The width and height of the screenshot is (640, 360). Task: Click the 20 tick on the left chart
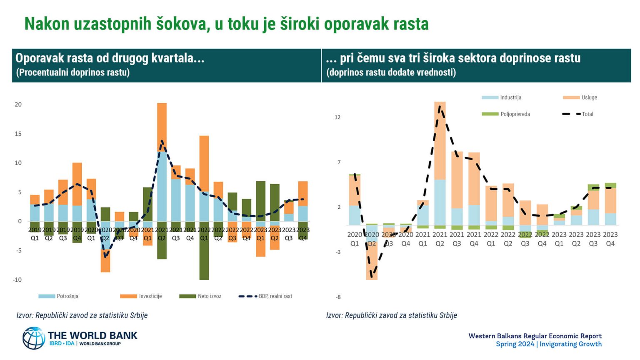click(x=18, y=105)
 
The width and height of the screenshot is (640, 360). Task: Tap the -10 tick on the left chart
click(x=17, y=280)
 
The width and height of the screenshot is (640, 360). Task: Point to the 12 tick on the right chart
click(x=337, y=117)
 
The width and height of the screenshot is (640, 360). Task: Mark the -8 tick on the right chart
click(x=338, y=297)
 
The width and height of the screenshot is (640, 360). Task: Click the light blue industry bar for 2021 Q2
click(x=440, y=202)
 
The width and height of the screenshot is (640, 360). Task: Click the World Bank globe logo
click(x=34, y=338)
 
